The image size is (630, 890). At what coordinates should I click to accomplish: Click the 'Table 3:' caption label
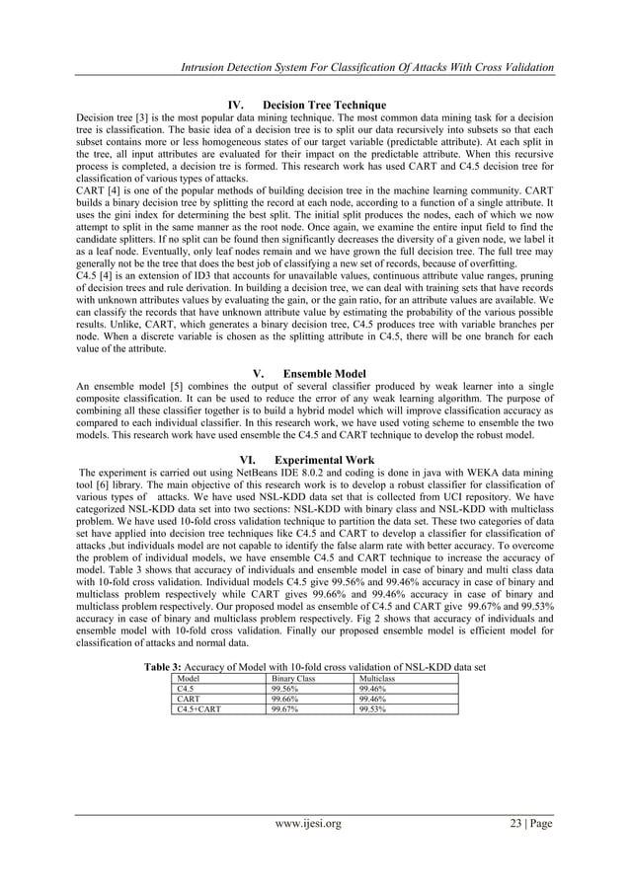[169, 667]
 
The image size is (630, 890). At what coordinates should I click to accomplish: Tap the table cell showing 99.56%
[287, 690]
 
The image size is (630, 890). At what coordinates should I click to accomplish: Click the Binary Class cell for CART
[287, 699]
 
